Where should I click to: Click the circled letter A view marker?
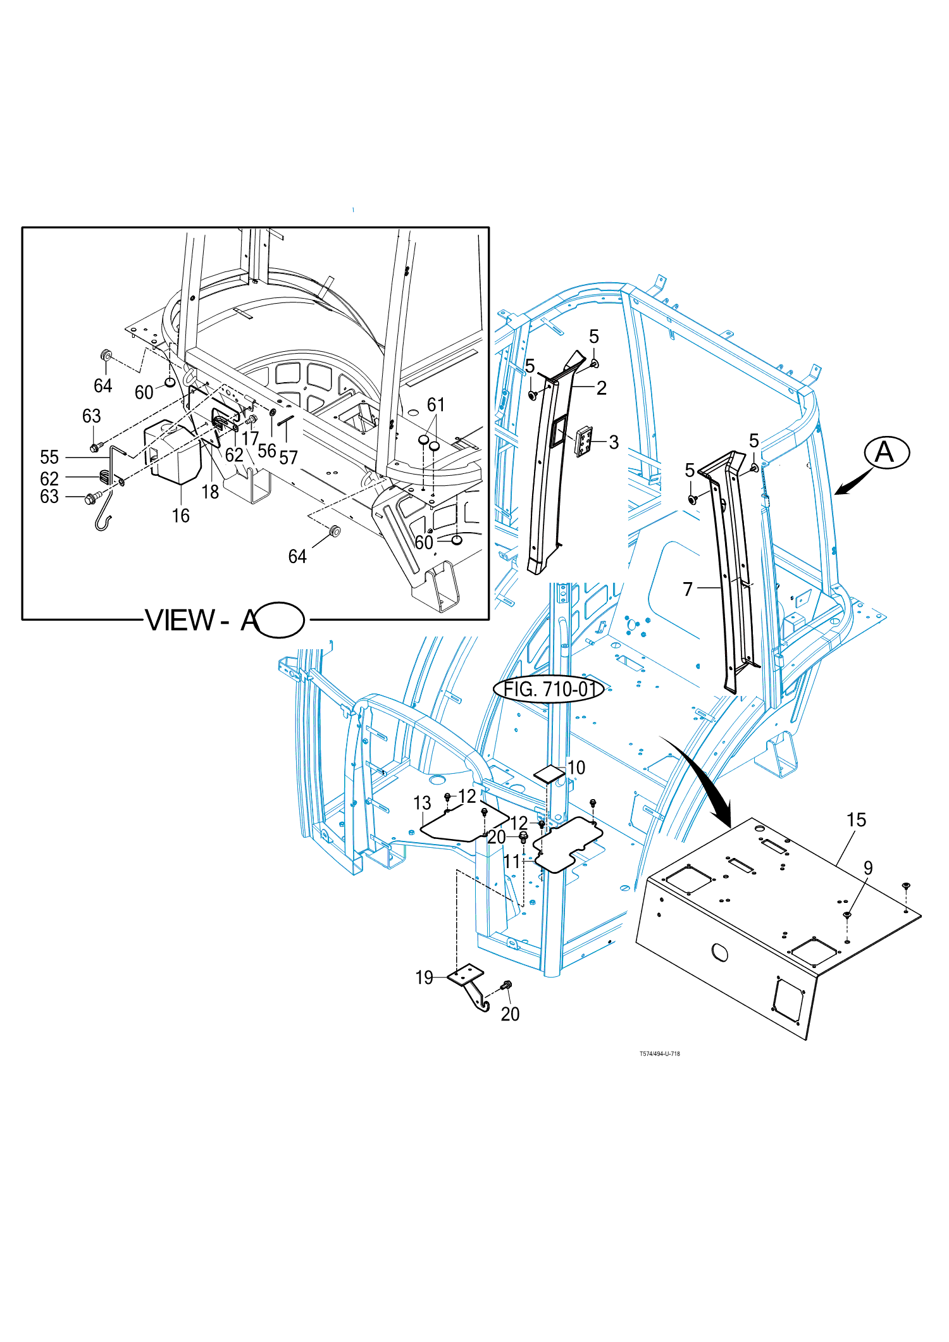point(887,453)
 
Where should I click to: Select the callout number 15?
point(856,820)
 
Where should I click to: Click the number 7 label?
point(688,589)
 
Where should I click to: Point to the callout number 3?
point(614,442)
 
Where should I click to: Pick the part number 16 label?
point(181,516)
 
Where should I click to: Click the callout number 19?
point(425,978)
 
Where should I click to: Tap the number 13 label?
point(422,803)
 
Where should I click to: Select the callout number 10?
point(576,767)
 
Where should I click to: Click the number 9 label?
point(868,868)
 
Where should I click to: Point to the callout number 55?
point(49,457)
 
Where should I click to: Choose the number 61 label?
point(436,404)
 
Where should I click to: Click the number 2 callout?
point(602,388)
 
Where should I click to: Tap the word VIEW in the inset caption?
point(180,620)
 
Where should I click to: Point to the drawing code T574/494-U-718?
point(660,1053)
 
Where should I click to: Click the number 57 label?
point(288,457)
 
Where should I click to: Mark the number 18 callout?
point(210,492)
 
